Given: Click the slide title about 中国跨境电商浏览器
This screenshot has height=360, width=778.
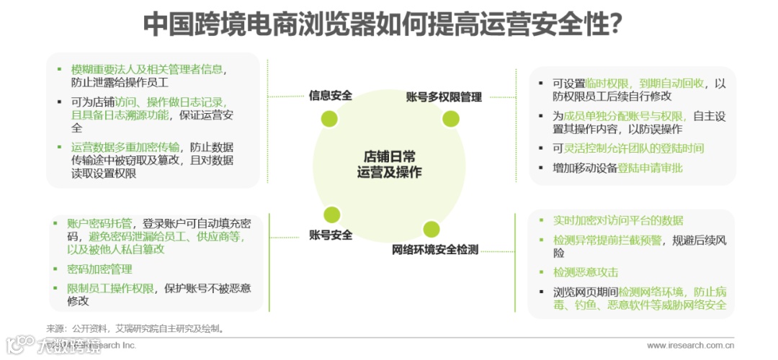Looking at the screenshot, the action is click(x=383, y=24).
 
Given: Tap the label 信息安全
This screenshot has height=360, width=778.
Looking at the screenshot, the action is click(x=330, y=95).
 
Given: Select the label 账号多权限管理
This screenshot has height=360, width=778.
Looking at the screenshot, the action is click(x=444, y=97).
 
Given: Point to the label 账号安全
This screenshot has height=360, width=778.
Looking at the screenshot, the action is click(x=331, y=235).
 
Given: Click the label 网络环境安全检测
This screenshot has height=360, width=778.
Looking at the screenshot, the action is click(x=435, y=250).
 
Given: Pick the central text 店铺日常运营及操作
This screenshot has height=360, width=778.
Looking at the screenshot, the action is click(x=390, y=164).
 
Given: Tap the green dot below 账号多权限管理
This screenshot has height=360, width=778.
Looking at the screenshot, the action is click(x=451, y=118).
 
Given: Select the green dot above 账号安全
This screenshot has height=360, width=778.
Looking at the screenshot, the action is click(x=331, y=214).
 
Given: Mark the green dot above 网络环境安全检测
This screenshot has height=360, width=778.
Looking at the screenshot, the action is click(x=432, y=229).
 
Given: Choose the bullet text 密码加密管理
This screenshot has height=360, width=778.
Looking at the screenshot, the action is click(x=99, y=269).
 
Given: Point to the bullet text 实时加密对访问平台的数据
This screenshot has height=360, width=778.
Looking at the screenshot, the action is click(x=618, y=220).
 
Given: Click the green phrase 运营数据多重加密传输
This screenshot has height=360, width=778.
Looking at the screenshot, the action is click(x=126, y=147).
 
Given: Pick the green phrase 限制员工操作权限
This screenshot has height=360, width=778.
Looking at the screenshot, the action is click(x=111, y=288).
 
